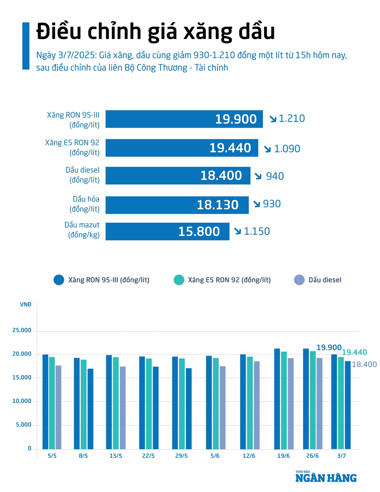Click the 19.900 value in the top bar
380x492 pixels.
(236, 119)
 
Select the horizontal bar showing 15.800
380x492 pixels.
(167, 231)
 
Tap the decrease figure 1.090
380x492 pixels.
(287, 149)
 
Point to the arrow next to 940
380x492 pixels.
(258, 176)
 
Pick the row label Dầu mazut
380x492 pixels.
(82, 225)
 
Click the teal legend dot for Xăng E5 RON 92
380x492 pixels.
(179, 280)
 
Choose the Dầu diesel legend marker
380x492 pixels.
(299, 280)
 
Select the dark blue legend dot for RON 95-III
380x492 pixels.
(59, 280)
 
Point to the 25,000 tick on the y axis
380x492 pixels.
(22, 330)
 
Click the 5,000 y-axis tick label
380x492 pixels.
(24, 425)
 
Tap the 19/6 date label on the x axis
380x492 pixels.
(283, 456)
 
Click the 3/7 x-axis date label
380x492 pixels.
(341, 456)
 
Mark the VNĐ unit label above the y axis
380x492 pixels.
(26, 304)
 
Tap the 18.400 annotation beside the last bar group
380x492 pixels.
(364, 364)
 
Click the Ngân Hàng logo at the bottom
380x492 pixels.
(326, 477)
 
